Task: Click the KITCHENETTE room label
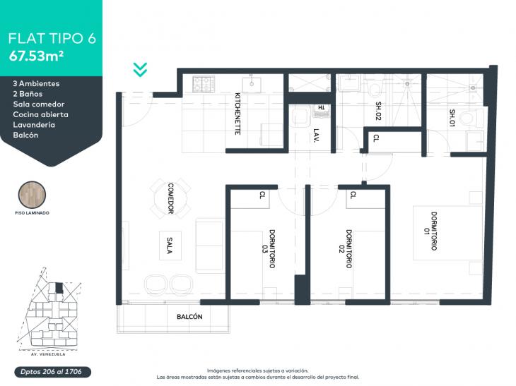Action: [238, 114]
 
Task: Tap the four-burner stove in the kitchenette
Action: [204, 84]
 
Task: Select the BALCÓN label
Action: [189, 317]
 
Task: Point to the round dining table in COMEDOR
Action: [170, 198]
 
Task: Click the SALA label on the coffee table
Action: [170, 246]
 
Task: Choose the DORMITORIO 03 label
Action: [269, 248]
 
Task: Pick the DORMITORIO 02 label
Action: [345, 248]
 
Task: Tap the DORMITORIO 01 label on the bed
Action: [430, 231]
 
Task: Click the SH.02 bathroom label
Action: [378, 111]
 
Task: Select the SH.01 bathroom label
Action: [452, 118]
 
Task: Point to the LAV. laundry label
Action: [316, 135]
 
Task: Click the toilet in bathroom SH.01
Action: [471, 119]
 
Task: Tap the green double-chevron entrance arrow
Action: [140, 70]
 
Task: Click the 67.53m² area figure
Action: [36, 56]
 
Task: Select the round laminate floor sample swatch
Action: [32, 195]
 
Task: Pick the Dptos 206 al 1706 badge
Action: [52, 372]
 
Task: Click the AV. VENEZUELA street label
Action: [48, 354]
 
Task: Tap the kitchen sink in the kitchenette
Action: [252, 85]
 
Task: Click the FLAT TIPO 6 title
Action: [52, 38]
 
